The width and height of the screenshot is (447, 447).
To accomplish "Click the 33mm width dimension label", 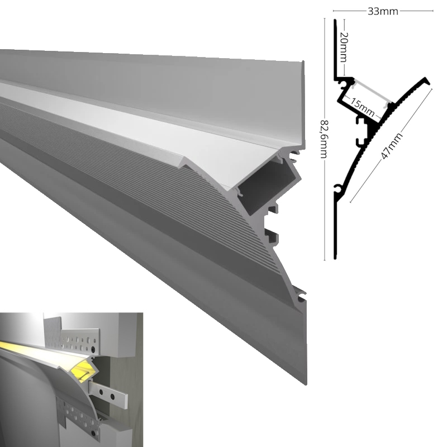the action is pyautogui.click(x=383, y=11).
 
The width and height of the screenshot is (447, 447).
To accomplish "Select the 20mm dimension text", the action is pyautogui.click(x=344, y=47).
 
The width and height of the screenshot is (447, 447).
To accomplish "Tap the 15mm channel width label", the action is pyautogui.click(x=362, y=107).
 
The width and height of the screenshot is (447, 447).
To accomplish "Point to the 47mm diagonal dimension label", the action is pyautogui.click(x=392, y=146).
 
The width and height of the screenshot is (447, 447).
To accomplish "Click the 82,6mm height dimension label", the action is pyautogui.click(x=325, y=139).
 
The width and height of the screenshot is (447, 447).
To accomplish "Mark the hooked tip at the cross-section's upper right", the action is pyautogui.click(x=427, y=80).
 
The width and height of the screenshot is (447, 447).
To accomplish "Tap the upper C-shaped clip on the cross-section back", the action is pyautogui.click(x=360, y=121).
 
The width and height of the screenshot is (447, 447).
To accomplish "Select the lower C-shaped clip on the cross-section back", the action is pyautogui.click(x=360, y=142).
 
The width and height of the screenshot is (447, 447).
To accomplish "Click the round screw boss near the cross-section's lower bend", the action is pyautogui.click(x=339, y=188).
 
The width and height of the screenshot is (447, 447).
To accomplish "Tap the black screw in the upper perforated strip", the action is pyautogui.click(x=93, y=350).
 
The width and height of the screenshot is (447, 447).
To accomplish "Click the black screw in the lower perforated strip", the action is pyautogui.click(x=94, y=434).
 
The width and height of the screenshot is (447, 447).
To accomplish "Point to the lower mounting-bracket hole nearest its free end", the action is pyautogui.click(x=112, y=397).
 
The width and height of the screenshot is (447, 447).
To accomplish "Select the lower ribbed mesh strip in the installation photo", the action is pyautogui.click(x=62, y=411).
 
